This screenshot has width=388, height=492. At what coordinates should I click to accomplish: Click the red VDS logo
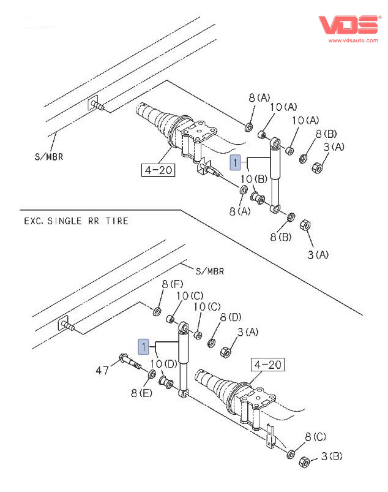349,25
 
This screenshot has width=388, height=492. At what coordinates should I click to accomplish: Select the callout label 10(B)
252,178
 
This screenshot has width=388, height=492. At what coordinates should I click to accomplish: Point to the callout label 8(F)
172,284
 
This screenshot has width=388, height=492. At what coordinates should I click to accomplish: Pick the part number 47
102,370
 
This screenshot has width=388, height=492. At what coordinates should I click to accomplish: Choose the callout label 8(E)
140,392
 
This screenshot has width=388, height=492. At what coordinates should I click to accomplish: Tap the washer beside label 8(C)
291,454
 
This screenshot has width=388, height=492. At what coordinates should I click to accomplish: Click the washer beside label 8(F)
156,312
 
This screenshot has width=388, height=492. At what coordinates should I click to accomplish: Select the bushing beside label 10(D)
165,384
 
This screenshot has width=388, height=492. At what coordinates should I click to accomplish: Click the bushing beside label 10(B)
258,199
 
